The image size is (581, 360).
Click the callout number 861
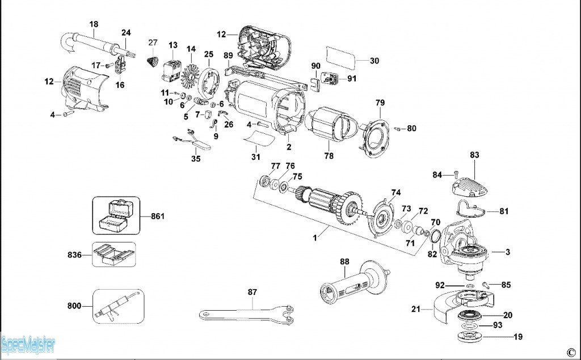(158, 216)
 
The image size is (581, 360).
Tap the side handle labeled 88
(355, 281)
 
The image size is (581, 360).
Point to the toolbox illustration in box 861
(113, 215)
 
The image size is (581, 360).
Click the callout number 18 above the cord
(94, 24)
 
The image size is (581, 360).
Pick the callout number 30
(374, 61)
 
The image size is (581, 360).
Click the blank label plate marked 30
(341, 58)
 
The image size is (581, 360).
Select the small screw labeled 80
(397, 129)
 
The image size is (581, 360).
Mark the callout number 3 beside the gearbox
(508, 252)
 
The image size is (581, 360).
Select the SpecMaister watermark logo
(28, 345)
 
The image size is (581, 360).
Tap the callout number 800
(74, 306)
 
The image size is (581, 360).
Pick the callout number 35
(196, 159)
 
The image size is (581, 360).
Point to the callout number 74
(395, 193)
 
